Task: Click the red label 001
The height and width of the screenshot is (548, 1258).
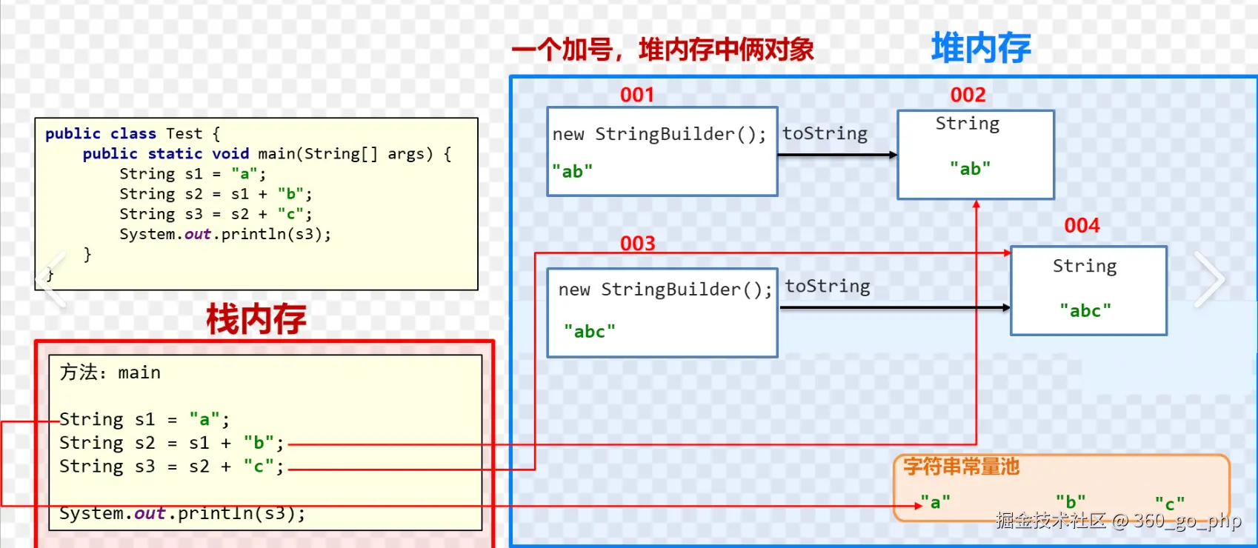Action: click(x=637, y=95)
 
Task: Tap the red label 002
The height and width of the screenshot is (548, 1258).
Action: click(x=968, y=95)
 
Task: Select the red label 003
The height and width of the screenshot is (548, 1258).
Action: click(x=638, y=243)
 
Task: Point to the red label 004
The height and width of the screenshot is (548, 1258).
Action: click(x=1082, y=225)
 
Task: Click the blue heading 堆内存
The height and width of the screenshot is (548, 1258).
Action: click(x=981, y=48)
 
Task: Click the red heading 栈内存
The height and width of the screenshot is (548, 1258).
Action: click(x=256, y=319)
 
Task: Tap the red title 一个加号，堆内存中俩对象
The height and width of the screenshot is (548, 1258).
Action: click(x=662, y=50)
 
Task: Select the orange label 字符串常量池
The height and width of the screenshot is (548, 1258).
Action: click(x=961, y=466)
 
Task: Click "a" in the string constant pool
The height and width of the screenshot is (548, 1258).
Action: click(x=935, y=502)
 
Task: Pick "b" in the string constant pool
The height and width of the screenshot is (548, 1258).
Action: click(x=1071, y=502)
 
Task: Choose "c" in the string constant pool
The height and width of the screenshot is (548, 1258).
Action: click(x=1170, y=504)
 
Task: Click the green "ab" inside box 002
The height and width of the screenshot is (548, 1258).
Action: click(x=970, y=169)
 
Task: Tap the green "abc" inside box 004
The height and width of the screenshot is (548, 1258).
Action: click(x=1085, y=310)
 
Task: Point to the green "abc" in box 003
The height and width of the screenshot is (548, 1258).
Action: click(x=590, y=331)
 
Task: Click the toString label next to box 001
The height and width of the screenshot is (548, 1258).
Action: click(x=825, y=133)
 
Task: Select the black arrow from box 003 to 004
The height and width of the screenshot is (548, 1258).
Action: click(x=894, y=307)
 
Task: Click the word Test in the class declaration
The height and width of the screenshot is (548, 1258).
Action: click(x=184, y=133)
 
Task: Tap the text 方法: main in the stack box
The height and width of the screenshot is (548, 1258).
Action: click(x=110, y=372)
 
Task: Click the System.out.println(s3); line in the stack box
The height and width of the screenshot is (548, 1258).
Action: click(x=182, y=513)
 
